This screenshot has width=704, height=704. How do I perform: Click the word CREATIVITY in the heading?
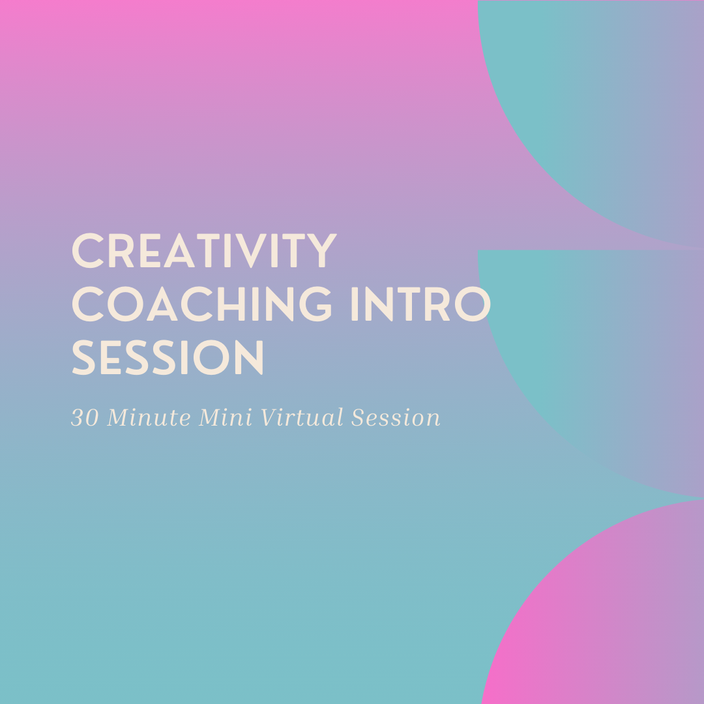[203, 252]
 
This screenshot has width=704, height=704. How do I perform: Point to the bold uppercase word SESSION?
[168, 358]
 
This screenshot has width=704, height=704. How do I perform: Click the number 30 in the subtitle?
[84, 418]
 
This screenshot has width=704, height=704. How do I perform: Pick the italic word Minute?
[150, 418]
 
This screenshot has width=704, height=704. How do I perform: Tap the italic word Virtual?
[302, 418]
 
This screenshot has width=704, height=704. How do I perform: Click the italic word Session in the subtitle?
[396, 418]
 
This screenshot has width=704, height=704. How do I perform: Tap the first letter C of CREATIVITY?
[87, 252]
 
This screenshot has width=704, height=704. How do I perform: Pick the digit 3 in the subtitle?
[77, 418]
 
